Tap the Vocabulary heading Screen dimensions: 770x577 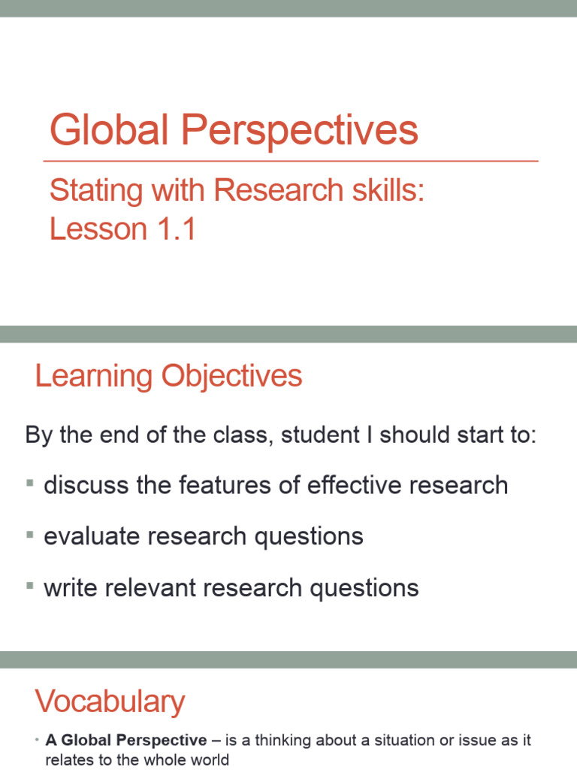pos(110,702)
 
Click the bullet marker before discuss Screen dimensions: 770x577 pos(30,484)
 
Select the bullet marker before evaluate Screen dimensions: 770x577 pos(30,535)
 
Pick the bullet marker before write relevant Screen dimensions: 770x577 pos(30,587)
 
